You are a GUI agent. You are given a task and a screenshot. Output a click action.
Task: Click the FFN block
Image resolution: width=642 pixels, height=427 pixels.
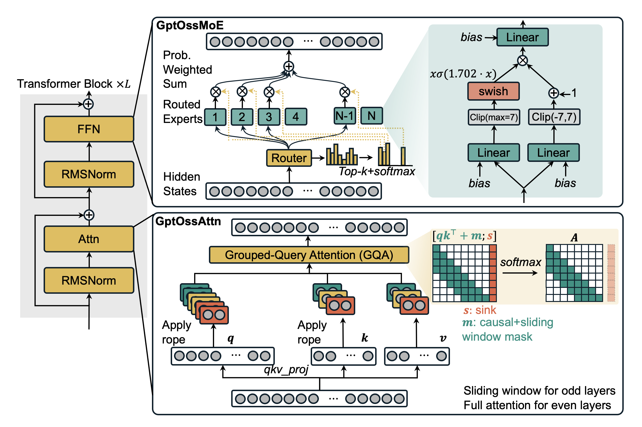click(89, 129)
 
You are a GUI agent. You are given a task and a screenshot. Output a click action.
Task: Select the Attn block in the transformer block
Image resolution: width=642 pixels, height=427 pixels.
click(89, 239)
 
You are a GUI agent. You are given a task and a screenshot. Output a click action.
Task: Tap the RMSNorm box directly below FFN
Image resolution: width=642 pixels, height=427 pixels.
click(89, 174)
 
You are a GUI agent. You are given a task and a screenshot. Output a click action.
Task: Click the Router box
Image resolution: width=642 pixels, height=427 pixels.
click(289, 158)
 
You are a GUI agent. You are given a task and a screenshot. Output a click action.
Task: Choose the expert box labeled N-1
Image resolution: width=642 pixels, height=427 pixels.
click(344, 116)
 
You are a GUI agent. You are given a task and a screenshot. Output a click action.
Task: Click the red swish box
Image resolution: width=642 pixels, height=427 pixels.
click(493, 91)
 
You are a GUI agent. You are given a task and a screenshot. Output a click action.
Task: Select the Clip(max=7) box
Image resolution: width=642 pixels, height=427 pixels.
click(494, 117)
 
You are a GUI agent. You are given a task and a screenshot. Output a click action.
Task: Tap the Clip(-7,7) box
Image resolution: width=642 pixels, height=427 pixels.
click(554, 117)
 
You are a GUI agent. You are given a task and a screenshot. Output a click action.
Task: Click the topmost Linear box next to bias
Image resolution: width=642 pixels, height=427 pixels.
click(522, 37)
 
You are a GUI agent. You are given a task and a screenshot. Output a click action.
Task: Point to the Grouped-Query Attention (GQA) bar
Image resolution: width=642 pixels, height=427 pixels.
click(309, 255)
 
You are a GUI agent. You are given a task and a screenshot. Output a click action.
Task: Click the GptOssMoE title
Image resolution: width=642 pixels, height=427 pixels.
click(190, 25)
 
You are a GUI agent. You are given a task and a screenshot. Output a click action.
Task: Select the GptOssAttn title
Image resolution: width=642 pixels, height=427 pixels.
click(188, 221)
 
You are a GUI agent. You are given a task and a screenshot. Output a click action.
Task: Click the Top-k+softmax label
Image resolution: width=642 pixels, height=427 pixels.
click(377, 172)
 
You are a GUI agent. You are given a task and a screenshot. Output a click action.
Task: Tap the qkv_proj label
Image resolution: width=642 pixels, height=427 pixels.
click(286, 370)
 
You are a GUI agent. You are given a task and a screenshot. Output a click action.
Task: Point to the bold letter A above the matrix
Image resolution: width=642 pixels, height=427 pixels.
click(574, 238)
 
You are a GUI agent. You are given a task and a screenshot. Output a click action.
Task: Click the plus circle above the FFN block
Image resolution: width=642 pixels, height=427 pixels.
click(88, 104)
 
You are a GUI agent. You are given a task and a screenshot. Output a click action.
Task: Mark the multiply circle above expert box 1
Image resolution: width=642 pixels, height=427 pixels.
click(215, 92)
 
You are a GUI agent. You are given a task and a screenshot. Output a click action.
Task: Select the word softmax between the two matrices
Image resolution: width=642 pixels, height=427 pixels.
click(520, 262)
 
